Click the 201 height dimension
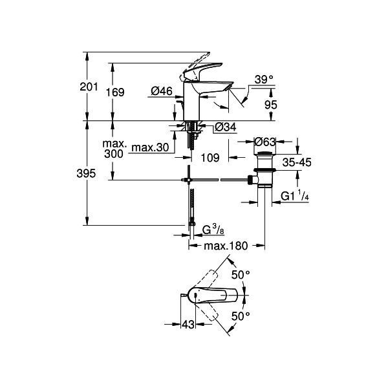89,87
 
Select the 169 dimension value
115,92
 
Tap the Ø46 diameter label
162,91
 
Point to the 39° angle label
264,80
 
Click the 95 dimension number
271,105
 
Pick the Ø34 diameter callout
226,127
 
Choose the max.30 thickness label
150,147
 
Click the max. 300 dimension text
114,149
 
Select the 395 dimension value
86,173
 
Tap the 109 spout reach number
210,158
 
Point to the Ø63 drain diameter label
264,142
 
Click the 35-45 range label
297,162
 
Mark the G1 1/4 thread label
295,197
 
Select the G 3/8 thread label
213,230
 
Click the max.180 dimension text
226,246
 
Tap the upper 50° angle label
241,275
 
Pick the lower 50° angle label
241,316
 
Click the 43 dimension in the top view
188,325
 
